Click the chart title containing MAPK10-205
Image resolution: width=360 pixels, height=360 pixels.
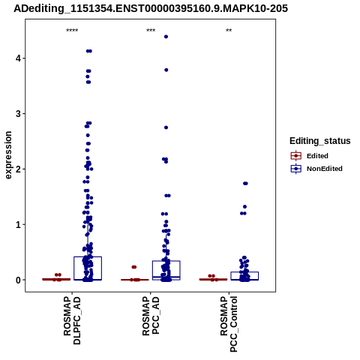(151, 8)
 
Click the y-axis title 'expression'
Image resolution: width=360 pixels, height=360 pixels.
(8, 155)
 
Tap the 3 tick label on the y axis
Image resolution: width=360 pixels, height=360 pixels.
(19, 114)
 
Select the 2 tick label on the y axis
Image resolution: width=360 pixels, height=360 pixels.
(19, 169)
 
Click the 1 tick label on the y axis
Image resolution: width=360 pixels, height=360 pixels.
(19, 224)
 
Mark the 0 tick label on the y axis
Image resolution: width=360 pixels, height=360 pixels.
(19, 280)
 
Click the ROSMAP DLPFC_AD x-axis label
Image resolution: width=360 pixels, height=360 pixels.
(72, 320)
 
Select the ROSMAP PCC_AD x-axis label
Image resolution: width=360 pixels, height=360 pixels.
(151, 316)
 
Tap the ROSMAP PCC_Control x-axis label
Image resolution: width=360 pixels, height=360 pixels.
(229, 324)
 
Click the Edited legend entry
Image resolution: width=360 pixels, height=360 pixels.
(310, 156)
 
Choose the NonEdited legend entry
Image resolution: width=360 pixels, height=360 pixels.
(316, 169)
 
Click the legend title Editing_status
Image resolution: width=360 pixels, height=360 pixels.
(320, 141)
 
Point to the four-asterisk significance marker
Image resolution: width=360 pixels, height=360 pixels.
(72, 31)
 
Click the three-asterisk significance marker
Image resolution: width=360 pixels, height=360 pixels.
(151, 31)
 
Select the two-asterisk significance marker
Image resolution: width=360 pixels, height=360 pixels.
(229, 31)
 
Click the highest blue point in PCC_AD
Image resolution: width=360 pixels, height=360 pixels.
(166, 37)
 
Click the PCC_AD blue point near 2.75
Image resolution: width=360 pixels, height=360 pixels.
(166, 127)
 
